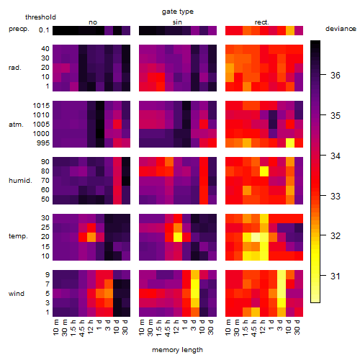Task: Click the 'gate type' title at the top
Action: pyautogui.click(x=178, y=12)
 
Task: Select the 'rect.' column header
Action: pyautogui.click(x=262, y=22)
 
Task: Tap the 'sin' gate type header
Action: pyautogui.click(x=177, y=22)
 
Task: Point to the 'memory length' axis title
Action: pyautogui.click(x=177, y=350)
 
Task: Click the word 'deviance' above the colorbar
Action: pyautogui.click(x=341, y=29)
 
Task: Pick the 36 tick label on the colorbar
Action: pyautogui.click(x=336, y=76)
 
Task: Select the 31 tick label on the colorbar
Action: pyautogui.click(x=336, y=276)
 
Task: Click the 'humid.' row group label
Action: pyautogui.click(x=20, y=181)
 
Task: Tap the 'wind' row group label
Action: pyautogui.click(x=17, y=294)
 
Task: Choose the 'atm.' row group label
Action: pyautogui.click(x=16, y=125)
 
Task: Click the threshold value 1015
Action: pyautogui.click(x=41, y=105)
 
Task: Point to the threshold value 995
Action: pyautogui.click(x=43, y=143)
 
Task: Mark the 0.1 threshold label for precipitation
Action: pyautogui.click(x=44, y=30)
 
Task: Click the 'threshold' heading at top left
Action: pyautogui.click(x=40, y=17)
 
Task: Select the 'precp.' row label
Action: pyautogui.click(x=19, y=29)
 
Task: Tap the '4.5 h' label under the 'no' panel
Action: pyautogui.click(x=82, y=328)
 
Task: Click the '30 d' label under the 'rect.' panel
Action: pyautogui.click(x=297, y=328)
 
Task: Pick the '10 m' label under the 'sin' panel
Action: pyautogui.click(x=142, y=328)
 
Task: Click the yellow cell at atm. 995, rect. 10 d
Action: pyautogui.click(x=290, y=143)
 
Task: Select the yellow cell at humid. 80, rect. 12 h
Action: pyautogui.click(x=264, y=171)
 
